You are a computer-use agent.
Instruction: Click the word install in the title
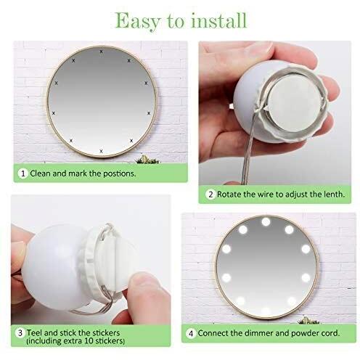(x=219, y=20)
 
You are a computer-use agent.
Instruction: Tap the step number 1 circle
(x=23, y=173)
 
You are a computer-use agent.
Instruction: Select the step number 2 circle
(x=210, y=195)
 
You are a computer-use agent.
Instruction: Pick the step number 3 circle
(x=20, y=332)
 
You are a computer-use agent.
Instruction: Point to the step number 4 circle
(x=191, y=333)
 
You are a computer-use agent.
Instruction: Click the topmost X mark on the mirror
(x=101, y=52)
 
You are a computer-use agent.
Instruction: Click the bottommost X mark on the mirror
(x=101, y=151)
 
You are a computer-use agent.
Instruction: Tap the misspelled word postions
(x=119, y=173)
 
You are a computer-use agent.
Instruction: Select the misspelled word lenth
(x=334, y=194)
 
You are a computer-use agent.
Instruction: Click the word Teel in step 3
(x=35, y=332)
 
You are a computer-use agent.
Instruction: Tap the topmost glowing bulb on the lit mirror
(x=266, y=222)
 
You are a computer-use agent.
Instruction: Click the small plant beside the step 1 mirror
(x=147, y=160)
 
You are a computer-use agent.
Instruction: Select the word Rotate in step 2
(x=229, y=195)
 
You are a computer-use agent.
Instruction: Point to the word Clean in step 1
(x=40, y=173)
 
